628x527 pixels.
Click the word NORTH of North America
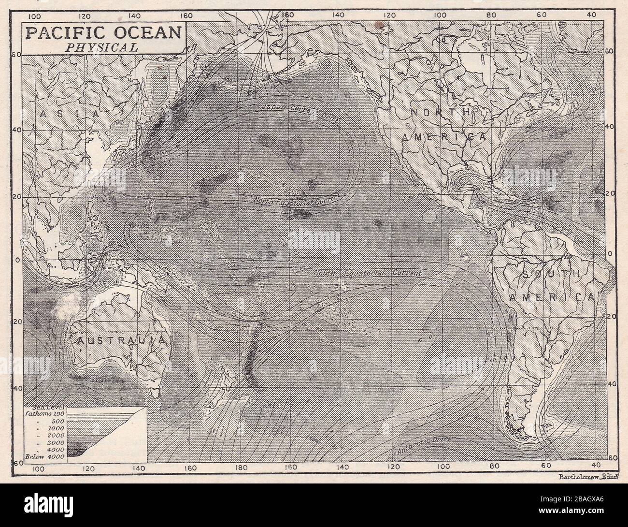(x=440, y=112)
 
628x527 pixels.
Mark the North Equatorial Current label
(x=298, y=201)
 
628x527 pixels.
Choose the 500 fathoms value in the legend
(x=57, y=421)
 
